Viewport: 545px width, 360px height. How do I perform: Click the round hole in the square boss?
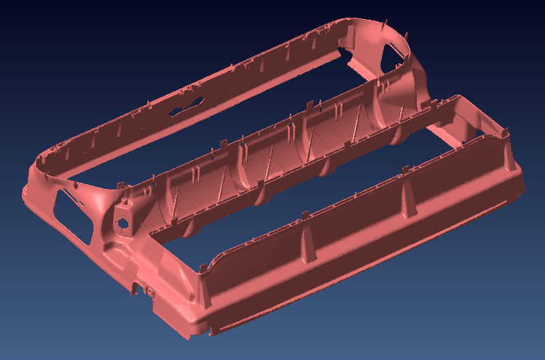point(123,222)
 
